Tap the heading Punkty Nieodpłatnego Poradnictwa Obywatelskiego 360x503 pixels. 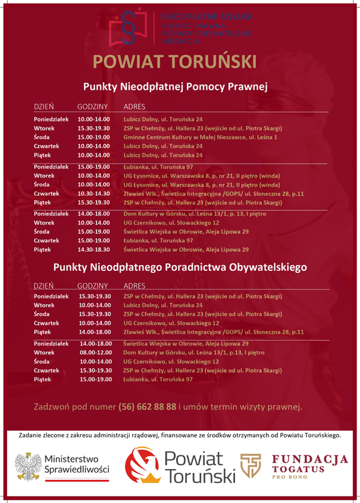point(180,267)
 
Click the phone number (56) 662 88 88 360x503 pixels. point(148,407)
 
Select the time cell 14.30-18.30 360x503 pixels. point(94,249)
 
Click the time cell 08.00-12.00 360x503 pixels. point(95,352)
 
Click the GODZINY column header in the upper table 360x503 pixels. point(92,107)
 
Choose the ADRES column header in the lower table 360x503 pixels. point(136,286)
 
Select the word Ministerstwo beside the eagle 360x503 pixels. point(74,459)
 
